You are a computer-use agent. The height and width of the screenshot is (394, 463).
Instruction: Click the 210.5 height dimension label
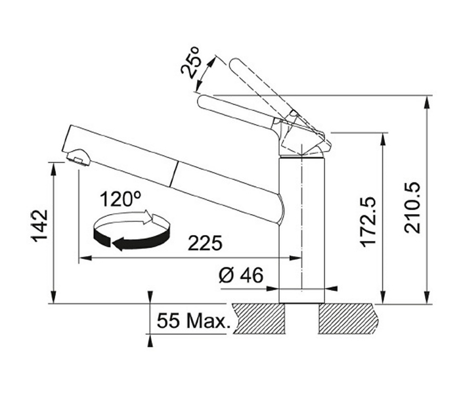pyautogui.click(x=412, y=208)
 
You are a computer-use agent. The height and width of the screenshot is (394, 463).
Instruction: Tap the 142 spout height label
pyautogui.click(x=40, y=226)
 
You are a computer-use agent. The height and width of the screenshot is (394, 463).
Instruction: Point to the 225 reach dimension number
pyautogui.click(x=205, y=243)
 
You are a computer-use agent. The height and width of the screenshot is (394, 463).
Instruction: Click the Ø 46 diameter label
pyautogui.click(x=241, y=275)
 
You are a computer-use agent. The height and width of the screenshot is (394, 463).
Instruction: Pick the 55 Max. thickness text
pyautogui.click(x=193, y=320)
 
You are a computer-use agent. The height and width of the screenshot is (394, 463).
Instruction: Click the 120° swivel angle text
pyautogui.click(x=120, y=199)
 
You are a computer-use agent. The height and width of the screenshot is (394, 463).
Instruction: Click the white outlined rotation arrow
pyautogui.click(x=130, y=220)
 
